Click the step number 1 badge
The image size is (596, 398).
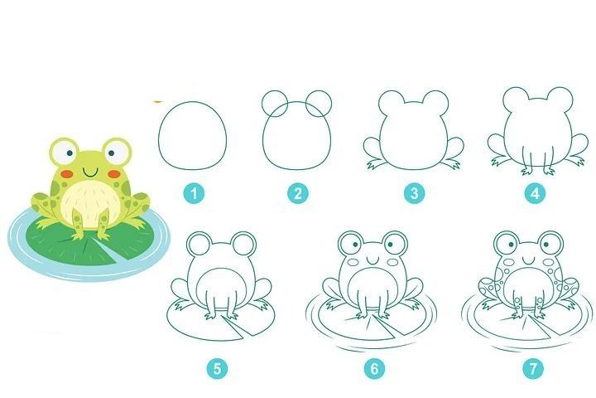pyautogui.click(x=194, y=193)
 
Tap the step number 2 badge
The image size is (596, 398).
pyautogui.click(x=298, y=193)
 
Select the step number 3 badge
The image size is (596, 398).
pyautogui.click(x=415, y=193)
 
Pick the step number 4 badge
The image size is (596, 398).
pyautogui.click(x=535, y=193)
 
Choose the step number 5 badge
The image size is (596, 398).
pyautogui.click(x=217, y=369)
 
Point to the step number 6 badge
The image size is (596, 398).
pyautogui.click(x=374, y=369)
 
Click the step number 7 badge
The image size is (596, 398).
pyautogui.click(x=533, y=369)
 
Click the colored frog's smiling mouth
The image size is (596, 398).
pyautogui.click(x=91, y=173)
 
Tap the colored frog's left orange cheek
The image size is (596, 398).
pyautogui.click(x=67, y=173)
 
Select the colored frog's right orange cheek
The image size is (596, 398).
pyautogui.click(x=114, y=174)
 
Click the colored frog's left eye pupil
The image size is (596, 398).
pyautogui.click(x=70, y=153)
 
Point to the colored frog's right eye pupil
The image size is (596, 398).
pyautogui.click(x=111, y=153)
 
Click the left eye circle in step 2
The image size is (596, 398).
pyautogui.click(x=262, y=104)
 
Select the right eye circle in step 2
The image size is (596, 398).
pyautogui.click(x=331, y=104)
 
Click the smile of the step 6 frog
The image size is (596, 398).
pyautogui.click(x=372, y=260)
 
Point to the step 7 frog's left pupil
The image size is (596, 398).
pyautogui.click(x=512, y=245)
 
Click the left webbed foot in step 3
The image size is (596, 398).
pyautogui.click(x=374, y=164)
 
